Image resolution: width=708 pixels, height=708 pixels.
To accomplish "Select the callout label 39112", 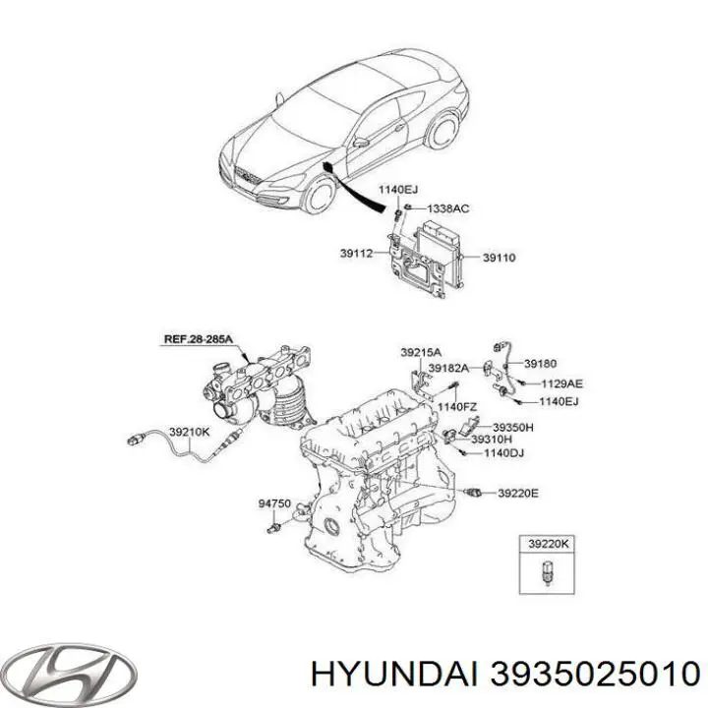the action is click(356, 254).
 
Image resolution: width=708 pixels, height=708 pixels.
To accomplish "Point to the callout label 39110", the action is click(499, 258).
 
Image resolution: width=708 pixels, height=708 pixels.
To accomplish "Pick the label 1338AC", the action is click(448, 208).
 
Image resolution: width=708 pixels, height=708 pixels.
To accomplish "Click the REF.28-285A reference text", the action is click(199, 338).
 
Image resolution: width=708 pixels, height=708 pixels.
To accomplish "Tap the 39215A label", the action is click(421, 352).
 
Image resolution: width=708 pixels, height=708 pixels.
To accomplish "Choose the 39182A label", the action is click(448, 369).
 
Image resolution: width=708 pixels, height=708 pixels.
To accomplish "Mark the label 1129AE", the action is click(561, 383).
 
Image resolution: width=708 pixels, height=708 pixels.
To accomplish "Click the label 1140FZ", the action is click(457, 407).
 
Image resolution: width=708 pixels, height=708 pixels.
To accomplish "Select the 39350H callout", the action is click(512, 427).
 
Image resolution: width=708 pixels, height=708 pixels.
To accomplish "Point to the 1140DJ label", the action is click(503, 453).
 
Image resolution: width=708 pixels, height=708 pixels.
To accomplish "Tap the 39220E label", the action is click(518, 494).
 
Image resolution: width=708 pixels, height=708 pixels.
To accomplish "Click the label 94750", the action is click(274, 503).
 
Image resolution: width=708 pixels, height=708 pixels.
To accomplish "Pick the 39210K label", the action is click(190, 432).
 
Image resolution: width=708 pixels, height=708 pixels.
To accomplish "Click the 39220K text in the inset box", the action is click(549, 545).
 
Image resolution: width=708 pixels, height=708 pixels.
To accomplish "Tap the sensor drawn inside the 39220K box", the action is click(548, 573).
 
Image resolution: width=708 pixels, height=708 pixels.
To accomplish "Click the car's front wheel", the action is click(322, 194).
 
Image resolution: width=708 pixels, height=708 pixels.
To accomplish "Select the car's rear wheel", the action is click(442, 131).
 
